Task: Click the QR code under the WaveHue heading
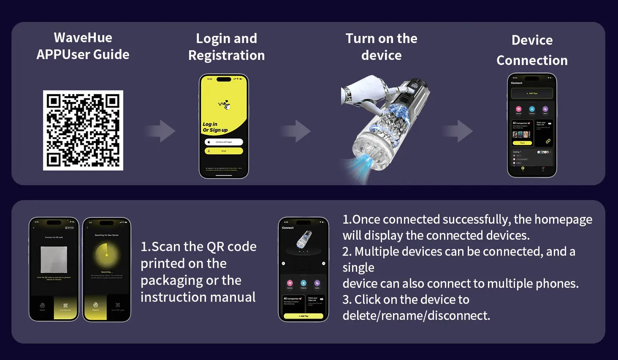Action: point(83,130)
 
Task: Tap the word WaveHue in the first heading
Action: point(83,38)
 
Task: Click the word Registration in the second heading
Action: point(226,56)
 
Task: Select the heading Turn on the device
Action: point(381,47)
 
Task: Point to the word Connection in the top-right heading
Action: point(532,60)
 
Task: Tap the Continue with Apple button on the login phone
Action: point(224,142)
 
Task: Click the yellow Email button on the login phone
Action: point(224,151)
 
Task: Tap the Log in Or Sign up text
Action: point(215,127)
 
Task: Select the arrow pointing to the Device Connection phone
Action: point(458,131)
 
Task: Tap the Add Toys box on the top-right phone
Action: point(532,93)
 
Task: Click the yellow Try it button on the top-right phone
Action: point(522,143)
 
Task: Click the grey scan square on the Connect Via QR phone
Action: point(54,260)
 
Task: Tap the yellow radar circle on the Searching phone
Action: point(106,255)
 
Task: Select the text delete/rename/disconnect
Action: point(416,316)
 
